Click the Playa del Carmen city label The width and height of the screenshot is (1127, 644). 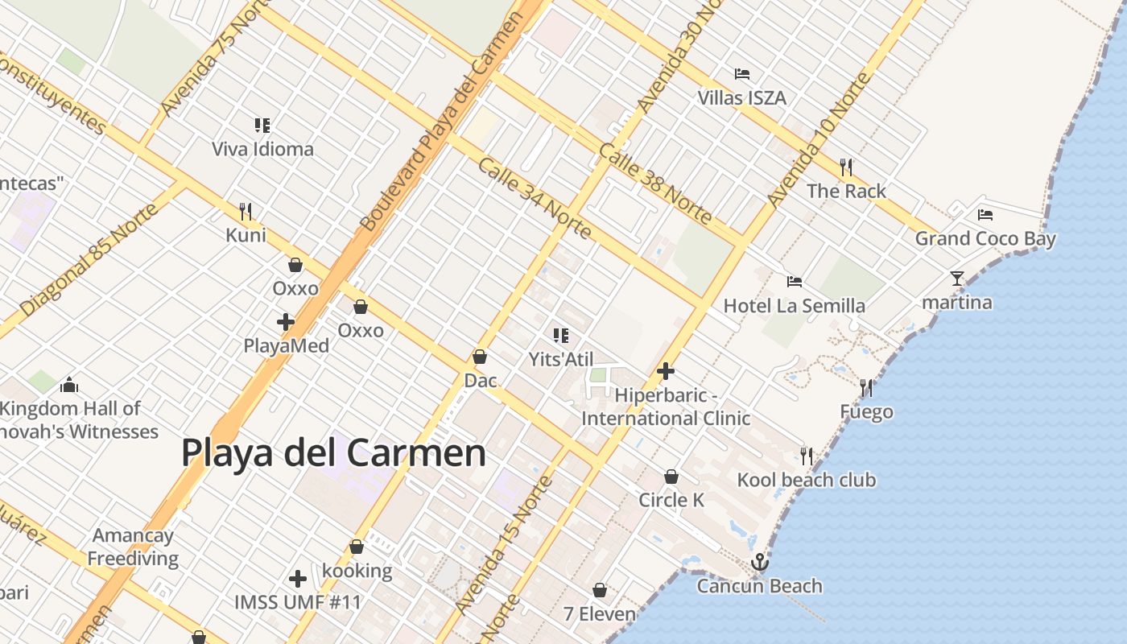pyautogui.click(x=333, y=452)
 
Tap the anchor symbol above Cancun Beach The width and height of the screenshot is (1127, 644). pyautogui.click(x=759, y=562)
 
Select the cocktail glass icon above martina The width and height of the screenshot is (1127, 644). pyautogui.click(x=956, y=279)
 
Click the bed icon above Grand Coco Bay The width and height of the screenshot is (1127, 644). pyautogui.click(x=985, y=215)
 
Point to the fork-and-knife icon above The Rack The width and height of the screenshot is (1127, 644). pyautogui.click(x=846, y=167)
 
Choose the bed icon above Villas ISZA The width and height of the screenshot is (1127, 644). pyautogui.click(x=742, y=74)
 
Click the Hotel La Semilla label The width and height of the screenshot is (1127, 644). pyautogui.click(x=794, y=306)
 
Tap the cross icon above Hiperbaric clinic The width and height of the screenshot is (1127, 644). pyautogui.click(x=666, y=371)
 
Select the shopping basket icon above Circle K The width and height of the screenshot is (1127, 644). pyautogui.click(x=671, y=477)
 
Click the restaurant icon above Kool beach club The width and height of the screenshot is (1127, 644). pyautogui.click(x=807, y=456)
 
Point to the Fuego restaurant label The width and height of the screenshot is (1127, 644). pyautogui.click(x=866, y=412)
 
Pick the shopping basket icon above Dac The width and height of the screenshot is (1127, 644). pyautogui.click(x=480, y=357)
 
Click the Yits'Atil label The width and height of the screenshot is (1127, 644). pyautogui.click(x=560, y=359)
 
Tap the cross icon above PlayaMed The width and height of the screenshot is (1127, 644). pyautogui.click(x=286, y=322)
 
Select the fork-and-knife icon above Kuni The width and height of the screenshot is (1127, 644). pyautogui.click(x=246, y=212)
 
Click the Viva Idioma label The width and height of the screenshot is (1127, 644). pyautogui.click(x=262, y=149)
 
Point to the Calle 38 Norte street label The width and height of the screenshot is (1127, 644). pyautogui.click(x=655, y=184)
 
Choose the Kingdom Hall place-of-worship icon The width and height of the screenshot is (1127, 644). pyautogui.click(x=69, y=385)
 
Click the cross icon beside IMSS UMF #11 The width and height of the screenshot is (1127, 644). pyautogui.click(x=298, y=578)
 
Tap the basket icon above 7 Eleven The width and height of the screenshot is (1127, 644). pyautogui.click(x=600, y=590)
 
